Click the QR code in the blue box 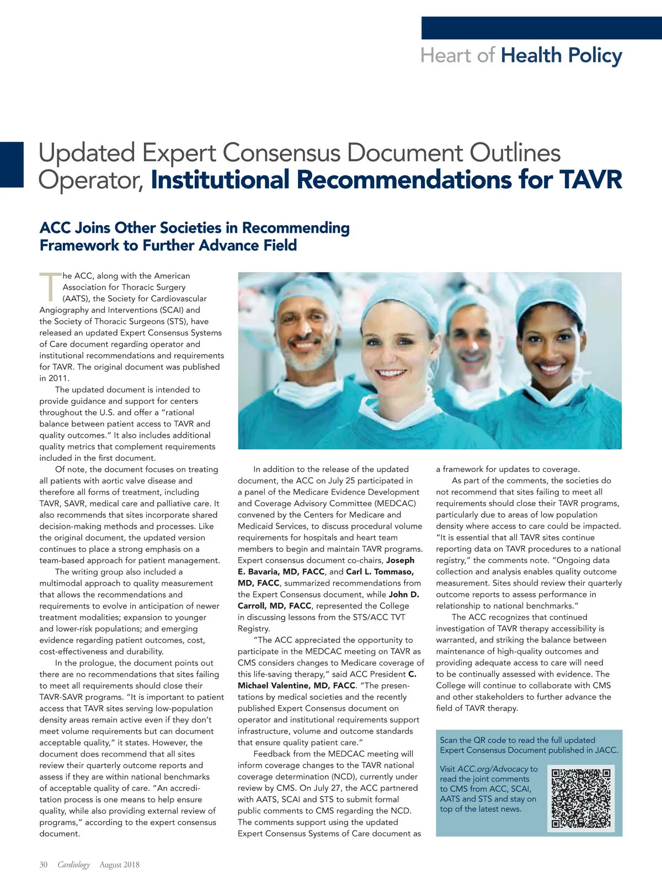coord(581,798)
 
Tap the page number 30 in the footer coord(44,865)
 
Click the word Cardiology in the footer coord(73,865)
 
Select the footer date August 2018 coord(119,865)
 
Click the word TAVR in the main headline coord(591,180)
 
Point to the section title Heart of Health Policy coord(521,56)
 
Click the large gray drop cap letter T coord(50,287)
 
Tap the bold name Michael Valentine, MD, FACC coord(296,685)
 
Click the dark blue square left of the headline coord(12,164)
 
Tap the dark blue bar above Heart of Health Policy coord(541,28)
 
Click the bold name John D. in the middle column coord(404,594)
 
